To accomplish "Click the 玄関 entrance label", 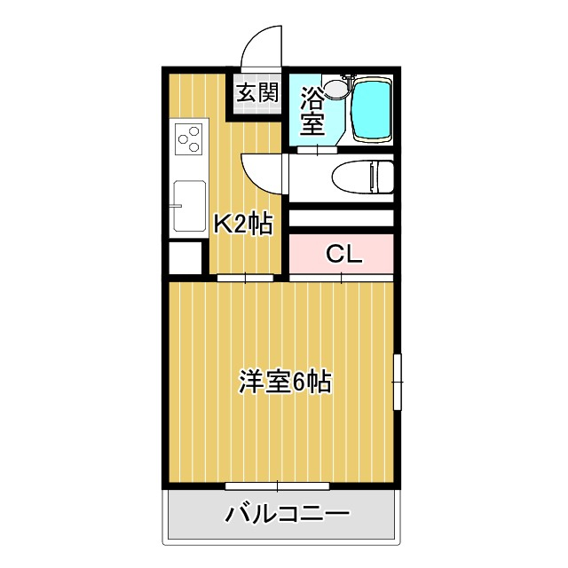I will (x=257, y=92).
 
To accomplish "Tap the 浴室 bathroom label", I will (x=312, y=110).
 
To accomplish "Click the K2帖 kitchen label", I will (x=241, y=223).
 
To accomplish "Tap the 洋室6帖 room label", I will (x=284, y=383).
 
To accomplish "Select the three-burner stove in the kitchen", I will (x=190, y=140).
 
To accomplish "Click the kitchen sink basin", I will (x=189, y=206).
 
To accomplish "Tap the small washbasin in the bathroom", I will (x=335, y=88).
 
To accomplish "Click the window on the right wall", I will (x=397, y=382).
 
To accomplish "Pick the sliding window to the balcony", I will (x=278, y=485).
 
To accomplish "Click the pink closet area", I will (x=342, y=255).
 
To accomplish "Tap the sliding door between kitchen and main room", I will (x=245, y=278).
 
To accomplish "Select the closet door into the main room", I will (x=342, y=278).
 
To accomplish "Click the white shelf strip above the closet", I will (x=342, y=218).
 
